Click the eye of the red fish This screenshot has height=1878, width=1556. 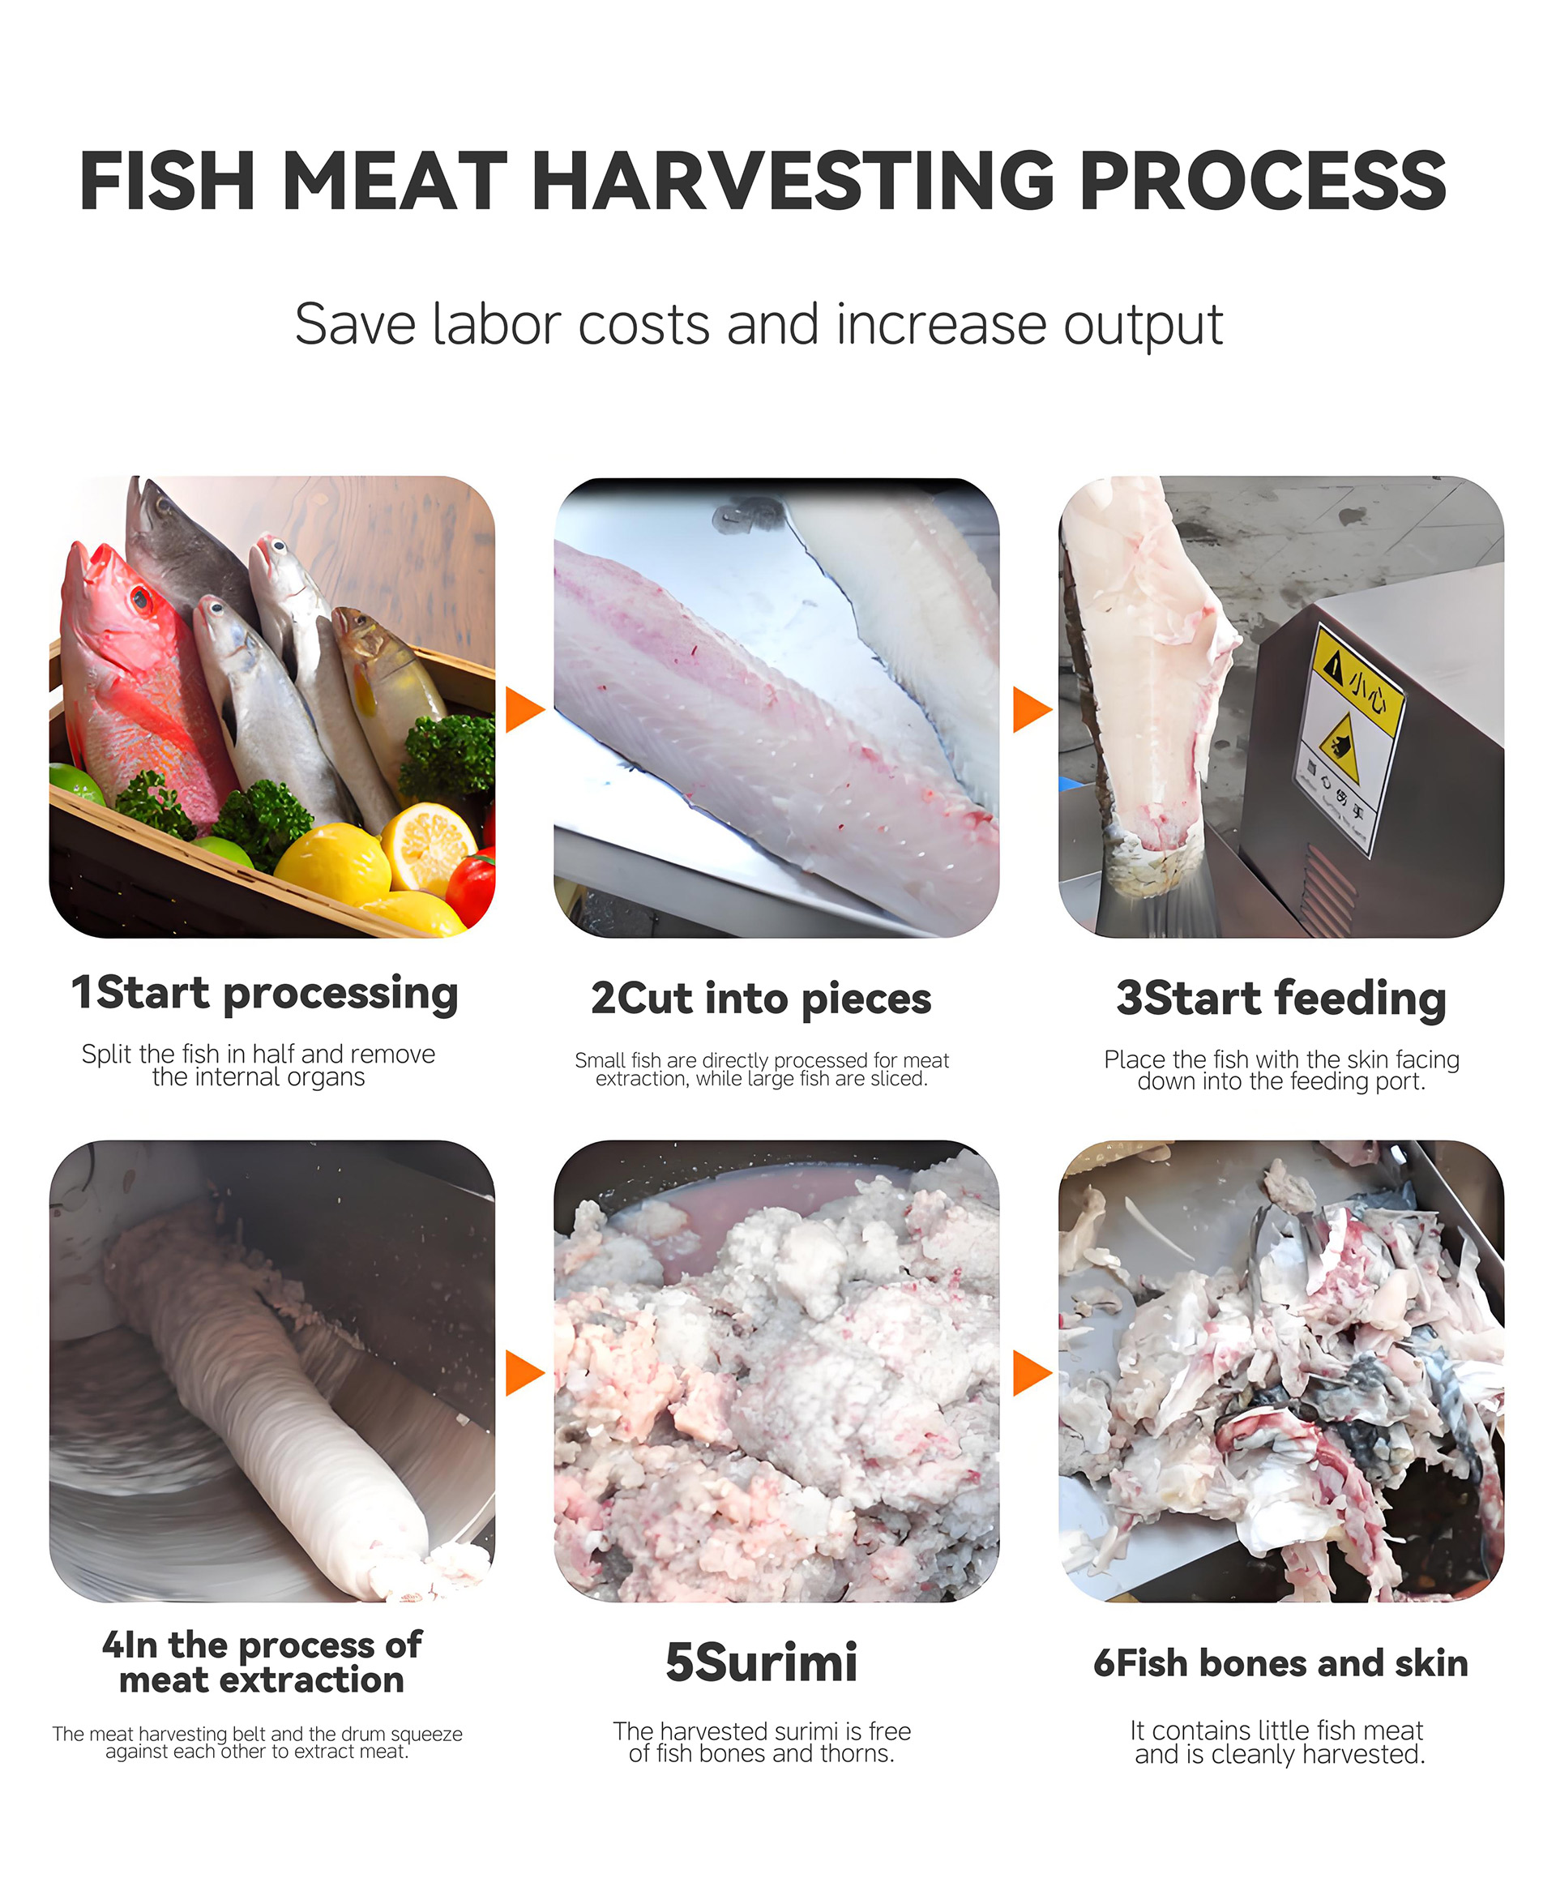140,597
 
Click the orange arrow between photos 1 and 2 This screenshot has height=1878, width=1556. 524,710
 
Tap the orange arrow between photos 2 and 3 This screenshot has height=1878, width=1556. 1030,710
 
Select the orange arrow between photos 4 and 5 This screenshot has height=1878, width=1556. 524,1372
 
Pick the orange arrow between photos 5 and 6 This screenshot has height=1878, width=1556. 1030,1372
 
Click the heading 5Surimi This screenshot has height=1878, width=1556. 761,1662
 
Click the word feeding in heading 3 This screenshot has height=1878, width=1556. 1359,998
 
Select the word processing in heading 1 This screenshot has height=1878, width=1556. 340,995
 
